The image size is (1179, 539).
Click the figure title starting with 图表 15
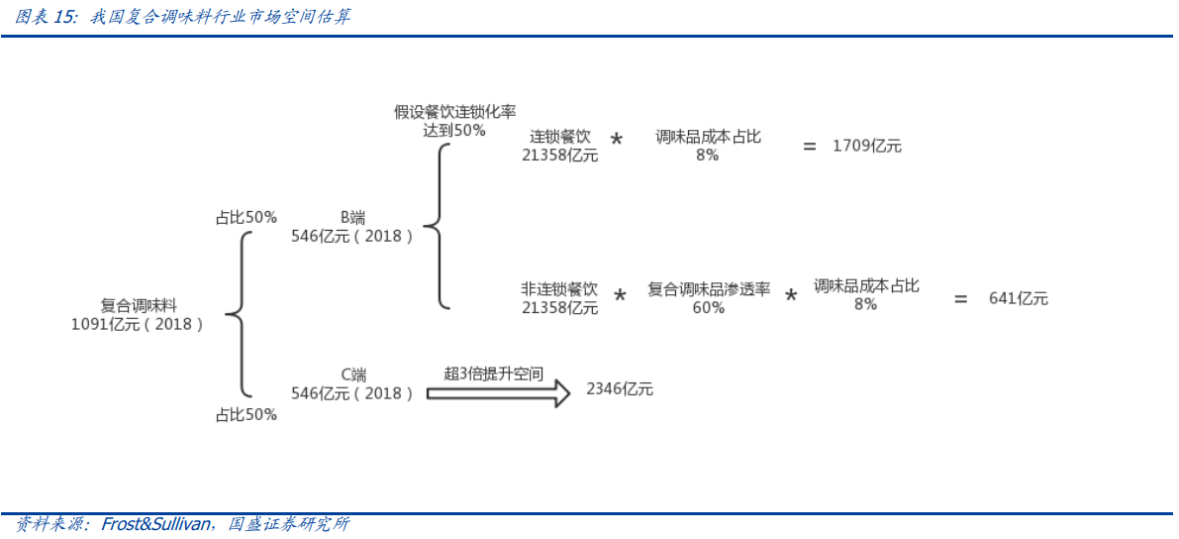[x=183, y=17]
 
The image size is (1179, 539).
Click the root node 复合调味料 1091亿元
[x=138, y=315]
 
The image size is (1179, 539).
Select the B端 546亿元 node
[x=352, y=227]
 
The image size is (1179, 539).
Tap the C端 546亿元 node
[x=352, y=384]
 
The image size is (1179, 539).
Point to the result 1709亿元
[x=867, y=146]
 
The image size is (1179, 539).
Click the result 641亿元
[x=1018, y=298]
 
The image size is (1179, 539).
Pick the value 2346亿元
[x=620, y=389]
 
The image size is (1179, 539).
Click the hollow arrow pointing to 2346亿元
[x=498, y=393]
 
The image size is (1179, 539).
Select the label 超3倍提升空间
[x=494, y=374]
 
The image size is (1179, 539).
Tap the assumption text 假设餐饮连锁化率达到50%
[x=455, y=121]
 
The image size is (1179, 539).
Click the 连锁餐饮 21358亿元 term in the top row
[x=560, y=146]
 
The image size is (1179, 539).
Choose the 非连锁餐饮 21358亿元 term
[x=560, y=298]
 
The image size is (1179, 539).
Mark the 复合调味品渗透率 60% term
[x=709, y=298]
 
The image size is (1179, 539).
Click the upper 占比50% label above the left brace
[x=246, y=217]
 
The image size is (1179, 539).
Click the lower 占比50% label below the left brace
[x=246, y=415]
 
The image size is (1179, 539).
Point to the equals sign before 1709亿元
[x=810, y=146]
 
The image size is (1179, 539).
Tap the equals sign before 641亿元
[x=960, y=298]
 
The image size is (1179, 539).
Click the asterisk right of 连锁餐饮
[x=617, y=141]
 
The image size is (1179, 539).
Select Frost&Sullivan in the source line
[x=155, y=524]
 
